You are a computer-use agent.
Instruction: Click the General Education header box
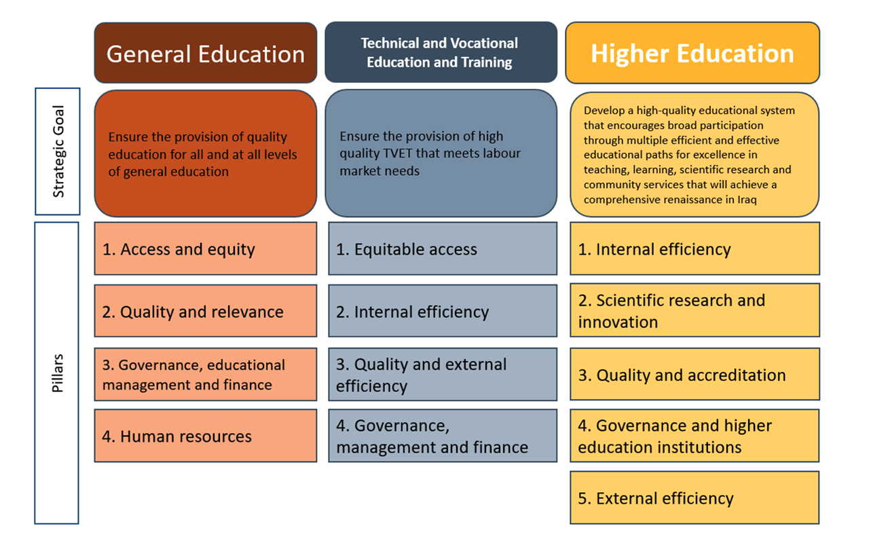[x=206, y=53]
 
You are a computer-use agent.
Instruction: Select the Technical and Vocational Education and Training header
[x=441, y=52]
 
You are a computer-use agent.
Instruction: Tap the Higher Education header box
[x=692, y=53]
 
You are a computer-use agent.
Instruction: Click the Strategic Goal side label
[x=58, y=151]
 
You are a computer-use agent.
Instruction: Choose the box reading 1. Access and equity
[x=206, y=248]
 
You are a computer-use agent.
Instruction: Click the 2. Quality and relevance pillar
[x=206, y=311]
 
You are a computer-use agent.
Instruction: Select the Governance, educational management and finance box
[x=206, y=374]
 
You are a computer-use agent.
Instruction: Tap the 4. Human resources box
[x=206, y=436]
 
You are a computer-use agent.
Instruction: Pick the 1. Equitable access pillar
[x=443, y=248]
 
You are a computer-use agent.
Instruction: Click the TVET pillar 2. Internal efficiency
[x=443, y=311]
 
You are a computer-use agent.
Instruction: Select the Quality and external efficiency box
[x=443, y=374]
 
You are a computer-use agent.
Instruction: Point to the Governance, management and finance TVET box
[x=443, y=436]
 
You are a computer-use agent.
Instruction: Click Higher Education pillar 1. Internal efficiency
[x=695, y=248]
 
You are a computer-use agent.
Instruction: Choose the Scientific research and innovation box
[x=695, y=310]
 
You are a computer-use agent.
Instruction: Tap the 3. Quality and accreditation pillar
[x=695, y=374]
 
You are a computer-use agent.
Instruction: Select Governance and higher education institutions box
[x=695, y=436]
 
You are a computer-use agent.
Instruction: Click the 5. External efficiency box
[x=695, y=498]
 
